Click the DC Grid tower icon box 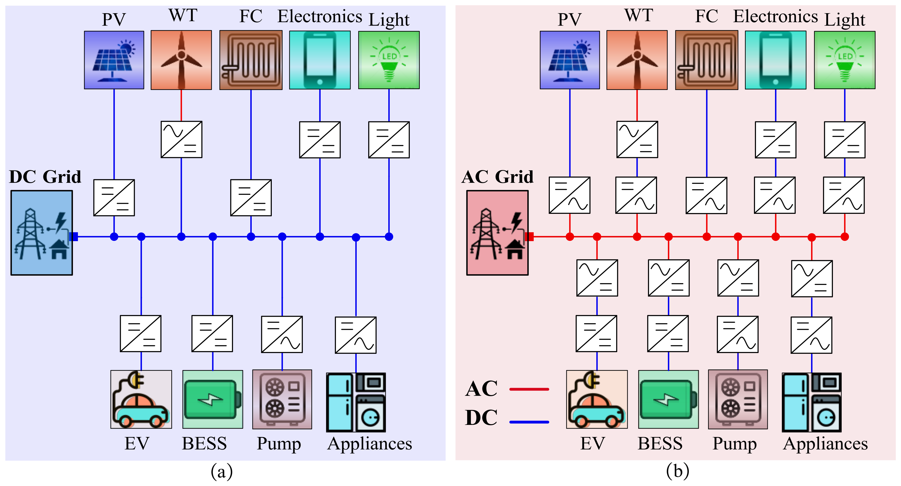41,233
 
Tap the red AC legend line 529,389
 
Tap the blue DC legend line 529,422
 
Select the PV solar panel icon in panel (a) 114,60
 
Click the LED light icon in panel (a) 389,60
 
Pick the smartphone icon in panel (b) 776,60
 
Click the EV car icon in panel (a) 141,399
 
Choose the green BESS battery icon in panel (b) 668,399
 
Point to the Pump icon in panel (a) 282,399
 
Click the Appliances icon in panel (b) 812,402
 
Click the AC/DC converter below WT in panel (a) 181,139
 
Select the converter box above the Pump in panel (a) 282,334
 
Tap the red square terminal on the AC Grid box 529,237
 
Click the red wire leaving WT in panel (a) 181,105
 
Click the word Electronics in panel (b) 776,17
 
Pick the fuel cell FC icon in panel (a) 251,60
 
